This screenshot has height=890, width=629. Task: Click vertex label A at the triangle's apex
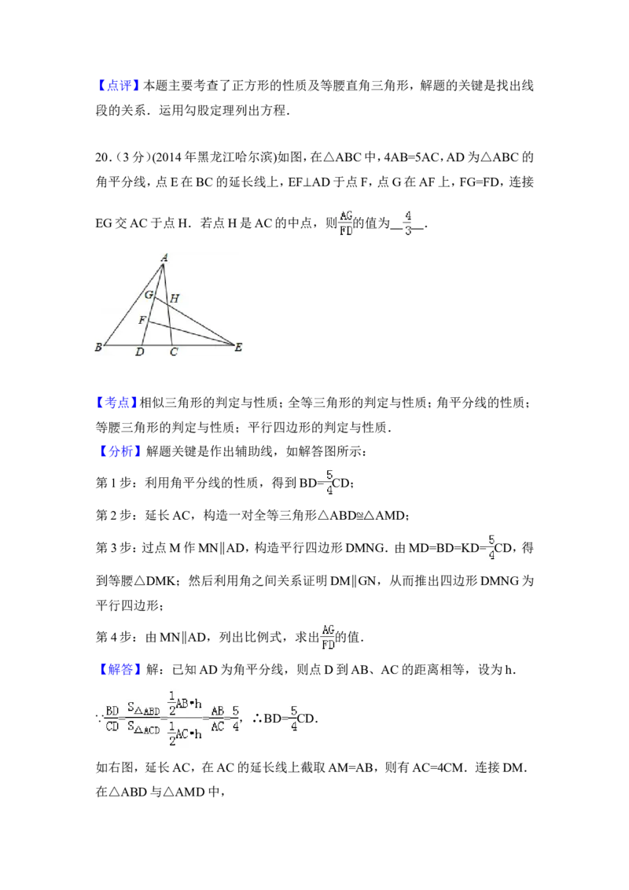coord(164,257)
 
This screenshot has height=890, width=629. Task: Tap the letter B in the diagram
coord(98,347)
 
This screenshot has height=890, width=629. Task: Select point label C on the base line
coord(174,353)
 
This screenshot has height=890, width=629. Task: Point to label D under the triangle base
coord(139,353)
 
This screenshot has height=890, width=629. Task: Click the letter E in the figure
coord(238,347)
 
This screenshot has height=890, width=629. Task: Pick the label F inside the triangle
coord(142,320)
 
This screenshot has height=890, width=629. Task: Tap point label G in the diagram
coord(148,295)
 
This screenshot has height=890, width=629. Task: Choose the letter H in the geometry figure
coord(175,298)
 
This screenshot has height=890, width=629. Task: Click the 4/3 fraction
coord(406,223)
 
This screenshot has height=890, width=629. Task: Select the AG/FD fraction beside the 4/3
coord(346,223)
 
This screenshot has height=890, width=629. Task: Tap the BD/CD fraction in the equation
coord(112,718)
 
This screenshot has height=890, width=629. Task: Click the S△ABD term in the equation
coord(143,708)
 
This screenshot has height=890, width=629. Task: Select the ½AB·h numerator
coord(186,701)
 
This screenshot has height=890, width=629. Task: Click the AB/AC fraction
coord(217,718)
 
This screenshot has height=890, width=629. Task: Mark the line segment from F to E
coord(193,333)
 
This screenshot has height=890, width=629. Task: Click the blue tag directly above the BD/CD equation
coord(121,669)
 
